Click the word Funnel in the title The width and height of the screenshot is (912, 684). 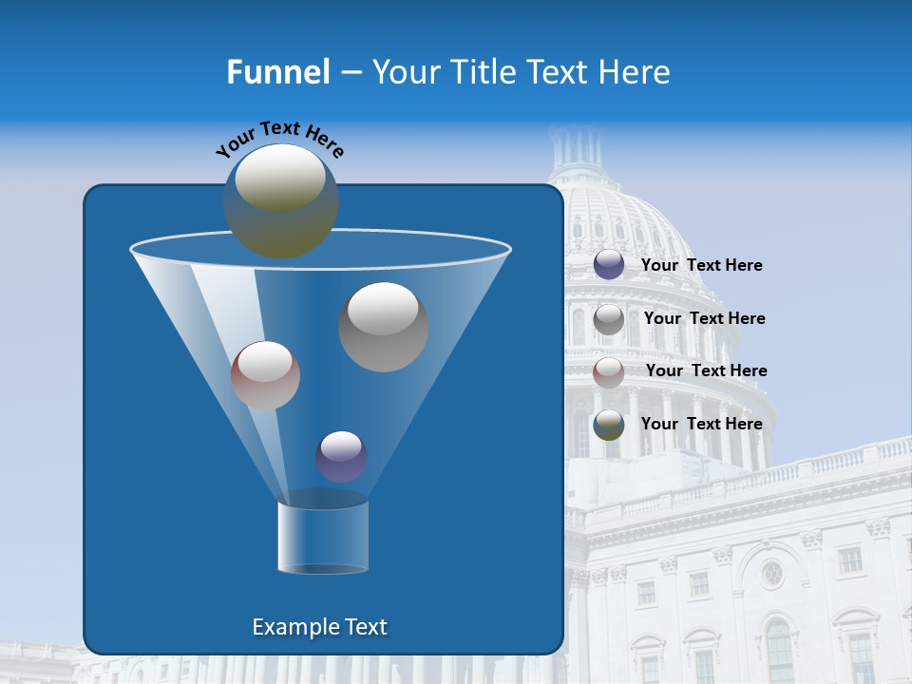[277, 71]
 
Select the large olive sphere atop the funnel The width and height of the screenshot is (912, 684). [281, 200]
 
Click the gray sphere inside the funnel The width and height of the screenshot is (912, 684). [384, 327]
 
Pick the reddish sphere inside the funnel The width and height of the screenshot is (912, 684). [265, 375]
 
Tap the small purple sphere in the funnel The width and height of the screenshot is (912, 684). [341, 456]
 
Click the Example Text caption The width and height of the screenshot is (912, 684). [319, 627]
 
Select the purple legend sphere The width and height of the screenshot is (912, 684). [609, 265]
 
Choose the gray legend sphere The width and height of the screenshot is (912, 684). [609, 319]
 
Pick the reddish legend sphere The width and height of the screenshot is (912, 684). [609, 371]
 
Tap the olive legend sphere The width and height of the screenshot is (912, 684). [609, 425]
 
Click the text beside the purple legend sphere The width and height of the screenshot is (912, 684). [701, 266]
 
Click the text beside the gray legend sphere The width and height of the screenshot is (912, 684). [704, 319]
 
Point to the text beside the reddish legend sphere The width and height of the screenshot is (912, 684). [706, 371]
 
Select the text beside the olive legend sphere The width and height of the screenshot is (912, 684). [701, 425]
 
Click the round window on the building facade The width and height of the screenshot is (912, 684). [772, 573]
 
